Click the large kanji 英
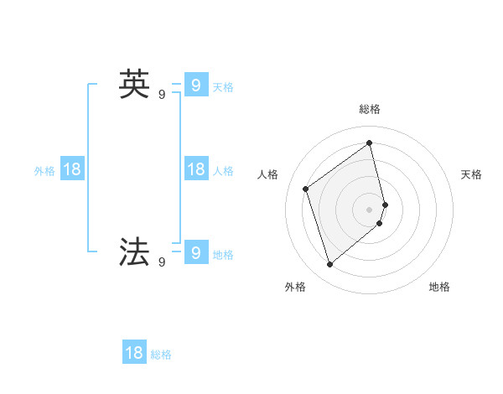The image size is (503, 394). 134,84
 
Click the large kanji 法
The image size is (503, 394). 134,251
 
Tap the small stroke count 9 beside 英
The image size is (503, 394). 162,95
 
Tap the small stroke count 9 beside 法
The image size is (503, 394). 162,262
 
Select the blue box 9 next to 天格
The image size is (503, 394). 195,85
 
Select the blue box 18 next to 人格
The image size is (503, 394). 195,169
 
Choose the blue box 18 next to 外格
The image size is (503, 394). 72,169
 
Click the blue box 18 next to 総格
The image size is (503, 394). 134,353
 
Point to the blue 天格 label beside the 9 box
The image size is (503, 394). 223,86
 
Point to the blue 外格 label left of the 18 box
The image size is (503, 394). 44,171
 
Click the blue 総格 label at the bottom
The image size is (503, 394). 161,355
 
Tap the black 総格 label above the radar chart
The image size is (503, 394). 370,109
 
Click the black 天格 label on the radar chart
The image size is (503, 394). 471,174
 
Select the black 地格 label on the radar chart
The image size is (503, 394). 439,287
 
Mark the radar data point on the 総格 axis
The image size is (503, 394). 370,143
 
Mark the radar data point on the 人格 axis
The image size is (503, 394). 306,189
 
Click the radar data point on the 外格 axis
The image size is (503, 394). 330,265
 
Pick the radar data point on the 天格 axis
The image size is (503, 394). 385,204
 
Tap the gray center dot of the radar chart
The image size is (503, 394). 370,209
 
